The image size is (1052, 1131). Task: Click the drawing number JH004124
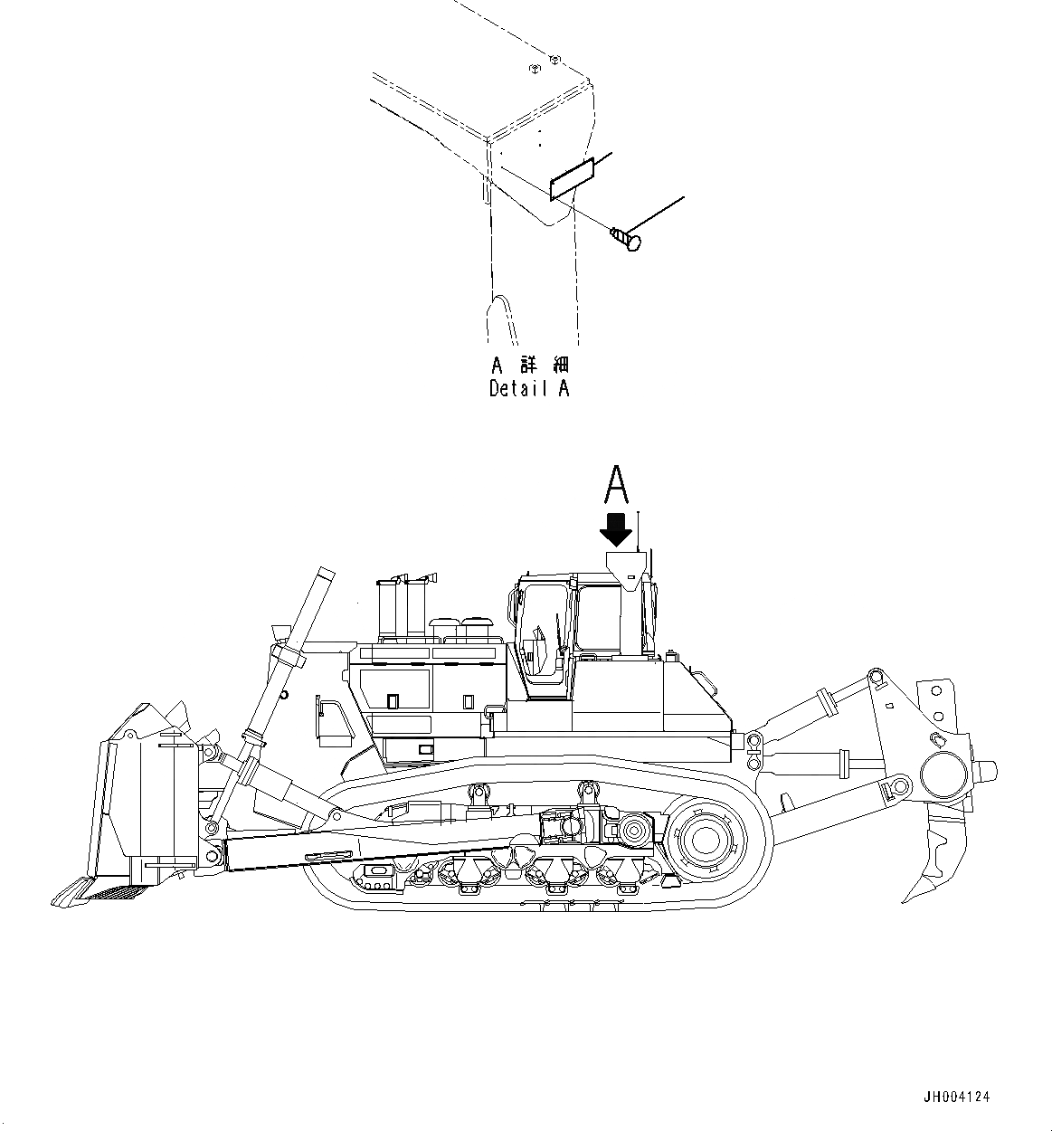957,1097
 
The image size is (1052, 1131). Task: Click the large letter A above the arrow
616,484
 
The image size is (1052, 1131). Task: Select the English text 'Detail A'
529,389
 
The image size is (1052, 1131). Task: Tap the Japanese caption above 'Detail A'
529,366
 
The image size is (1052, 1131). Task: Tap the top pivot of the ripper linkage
875,677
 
